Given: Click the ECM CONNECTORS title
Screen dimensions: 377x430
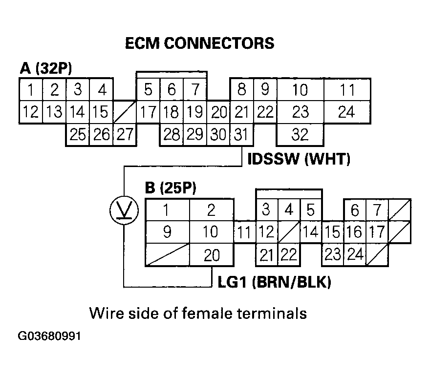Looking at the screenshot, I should pyautogui.click(x=199, y=43).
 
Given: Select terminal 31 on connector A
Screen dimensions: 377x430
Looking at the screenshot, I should pyautogui.click(x=241, y=134).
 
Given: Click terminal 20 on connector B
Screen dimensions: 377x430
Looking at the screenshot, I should pyautogui.click(x=211, y=255).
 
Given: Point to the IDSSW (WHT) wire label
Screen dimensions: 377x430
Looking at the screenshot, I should pyautogui.click(x=299, y=160).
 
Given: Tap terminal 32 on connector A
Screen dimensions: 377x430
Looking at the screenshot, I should pyautogui.click(x=301, y=134).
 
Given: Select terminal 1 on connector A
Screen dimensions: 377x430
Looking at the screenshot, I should pyautogui.click(x=31, y=90).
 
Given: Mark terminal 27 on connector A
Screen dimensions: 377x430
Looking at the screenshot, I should pyautogui.click(x=125, y=134).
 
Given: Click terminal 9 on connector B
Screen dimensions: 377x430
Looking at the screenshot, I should pyautogui.click(x=167, y=231).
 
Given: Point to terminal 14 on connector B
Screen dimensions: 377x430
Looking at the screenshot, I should pyautogui.click(x=310, y=232).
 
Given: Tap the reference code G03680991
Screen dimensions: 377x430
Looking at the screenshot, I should pyautogui.click(x=50, y=336).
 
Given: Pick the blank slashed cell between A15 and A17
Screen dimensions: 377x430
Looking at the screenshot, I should pyautogui.click(x=125, y=112).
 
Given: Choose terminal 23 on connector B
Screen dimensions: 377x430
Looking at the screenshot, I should pyautogui.click(x=332, y=255).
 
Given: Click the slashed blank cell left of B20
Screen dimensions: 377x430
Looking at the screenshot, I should pyautogui.click(x=168, y=255).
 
